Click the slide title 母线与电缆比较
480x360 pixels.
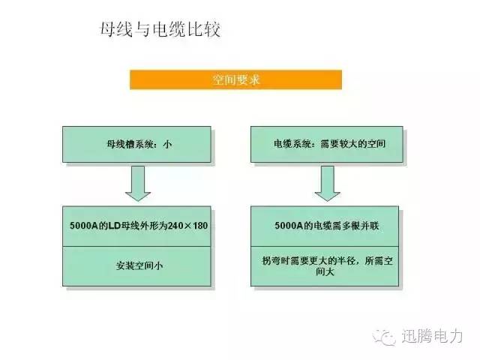[160, 30]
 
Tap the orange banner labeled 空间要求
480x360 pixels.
[235, 79]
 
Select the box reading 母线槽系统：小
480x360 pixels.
[136, 144]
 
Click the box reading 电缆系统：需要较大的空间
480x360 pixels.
[327, 144]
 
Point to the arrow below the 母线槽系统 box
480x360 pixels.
[138, 183]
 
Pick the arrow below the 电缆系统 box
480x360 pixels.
[328, 183]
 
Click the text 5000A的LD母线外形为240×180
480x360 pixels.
[139, 226]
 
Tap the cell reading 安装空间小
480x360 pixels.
[136, 266]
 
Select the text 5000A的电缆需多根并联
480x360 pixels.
[327, 226]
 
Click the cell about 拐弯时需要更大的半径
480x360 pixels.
[325, 266]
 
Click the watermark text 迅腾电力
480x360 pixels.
[432, 337]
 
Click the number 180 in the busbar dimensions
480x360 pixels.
[200, 226]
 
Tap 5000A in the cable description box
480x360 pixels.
[289, 226]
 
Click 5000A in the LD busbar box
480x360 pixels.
[84, 226]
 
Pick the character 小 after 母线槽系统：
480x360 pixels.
[167, 144]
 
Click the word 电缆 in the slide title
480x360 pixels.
[169, 30]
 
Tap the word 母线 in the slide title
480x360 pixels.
[117, 30]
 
